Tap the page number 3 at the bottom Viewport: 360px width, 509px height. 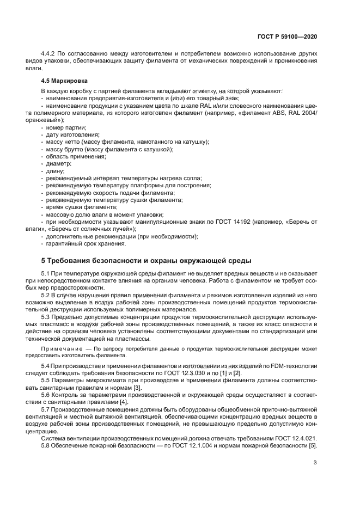tap(315, 463)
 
